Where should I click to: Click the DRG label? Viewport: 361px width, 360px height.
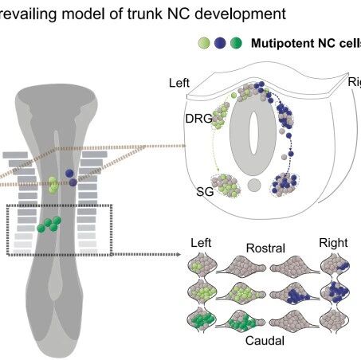coord(198,119)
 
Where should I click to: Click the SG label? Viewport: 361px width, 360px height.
coord(205,192)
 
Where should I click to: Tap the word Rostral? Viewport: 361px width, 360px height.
coord(265,248)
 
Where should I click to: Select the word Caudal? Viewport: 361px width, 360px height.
coord(265,341)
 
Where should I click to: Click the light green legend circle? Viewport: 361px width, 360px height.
coord(204,43)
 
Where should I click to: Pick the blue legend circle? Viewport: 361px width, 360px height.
coord(220,43)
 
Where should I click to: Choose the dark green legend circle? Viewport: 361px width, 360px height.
coord(236,43)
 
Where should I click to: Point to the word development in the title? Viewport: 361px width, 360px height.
coord(240,14)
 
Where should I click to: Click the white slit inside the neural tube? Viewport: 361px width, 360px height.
coord(253,133)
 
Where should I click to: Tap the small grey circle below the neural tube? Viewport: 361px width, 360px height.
coord(254,185)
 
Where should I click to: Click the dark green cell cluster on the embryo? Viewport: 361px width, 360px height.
coord(49,225)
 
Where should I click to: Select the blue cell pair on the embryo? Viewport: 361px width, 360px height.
coord(71,178)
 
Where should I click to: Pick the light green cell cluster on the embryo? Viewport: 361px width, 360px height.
coord(53,185)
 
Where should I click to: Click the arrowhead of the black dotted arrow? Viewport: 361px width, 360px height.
coord(178,254)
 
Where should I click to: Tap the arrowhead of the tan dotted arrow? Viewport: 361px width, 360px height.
coord(183,146)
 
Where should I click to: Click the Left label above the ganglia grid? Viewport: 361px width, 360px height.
coord(201,243)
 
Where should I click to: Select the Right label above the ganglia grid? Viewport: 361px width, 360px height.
coord(333,243)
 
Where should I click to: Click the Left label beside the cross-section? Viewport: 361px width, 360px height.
coord(179,83)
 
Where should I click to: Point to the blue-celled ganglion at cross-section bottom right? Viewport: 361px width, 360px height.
coord(284,185)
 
